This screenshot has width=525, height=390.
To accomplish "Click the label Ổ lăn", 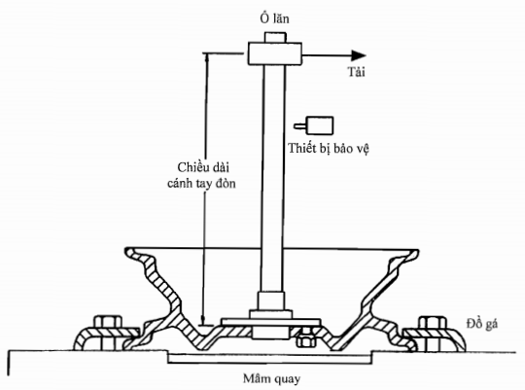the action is tap(274, 18).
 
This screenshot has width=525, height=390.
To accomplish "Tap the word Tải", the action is tap(356, 72).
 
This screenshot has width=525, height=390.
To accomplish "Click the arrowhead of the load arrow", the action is tap(358, 55).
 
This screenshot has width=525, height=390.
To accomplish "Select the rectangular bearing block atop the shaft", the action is tap(274, 53).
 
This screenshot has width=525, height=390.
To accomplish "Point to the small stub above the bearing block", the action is tap(275, 37).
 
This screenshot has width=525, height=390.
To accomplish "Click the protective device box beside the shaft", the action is tap(320, 125).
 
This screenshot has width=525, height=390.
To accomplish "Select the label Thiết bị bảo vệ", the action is tap(329, 149).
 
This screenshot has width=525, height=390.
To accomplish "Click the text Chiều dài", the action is tap(203, 167).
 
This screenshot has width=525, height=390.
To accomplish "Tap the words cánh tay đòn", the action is tap(201, 183).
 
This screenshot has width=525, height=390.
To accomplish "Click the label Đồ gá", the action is tap(482, 324).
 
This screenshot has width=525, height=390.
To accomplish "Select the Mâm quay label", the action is tap(271, 379).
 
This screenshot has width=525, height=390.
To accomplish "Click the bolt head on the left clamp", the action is tap(108, 322).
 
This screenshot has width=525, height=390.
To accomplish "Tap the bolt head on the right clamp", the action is tap(433, 322).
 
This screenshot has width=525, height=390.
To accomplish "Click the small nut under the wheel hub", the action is tap(306, 341).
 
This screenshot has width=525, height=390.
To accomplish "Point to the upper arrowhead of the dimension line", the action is tap(207, 57).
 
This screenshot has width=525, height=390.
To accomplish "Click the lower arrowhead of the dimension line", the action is tap(203, 320).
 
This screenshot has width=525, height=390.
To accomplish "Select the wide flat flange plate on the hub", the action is tap(271, 322).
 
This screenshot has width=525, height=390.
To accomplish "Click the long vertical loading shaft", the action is tap(273, 178).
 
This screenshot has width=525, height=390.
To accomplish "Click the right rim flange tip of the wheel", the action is tap(416, 252).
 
